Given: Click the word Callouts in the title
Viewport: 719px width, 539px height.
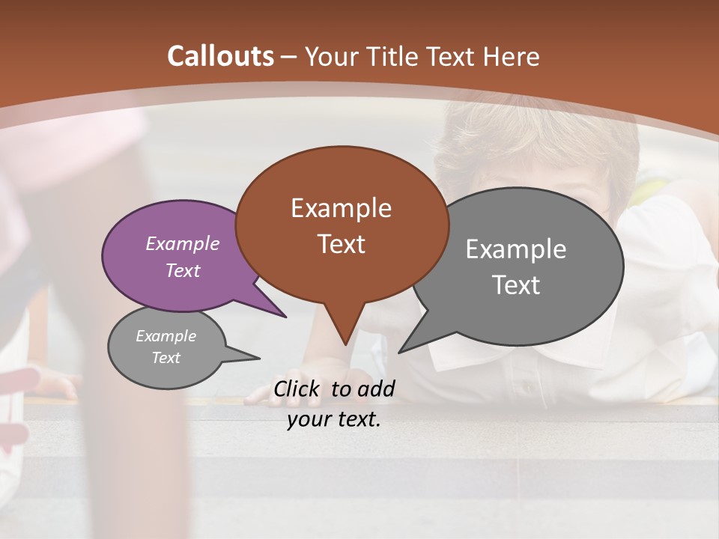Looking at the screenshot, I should tap(220, 56).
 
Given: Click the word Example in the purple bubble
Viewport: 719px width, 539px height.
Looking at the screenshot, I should tap(182, 244).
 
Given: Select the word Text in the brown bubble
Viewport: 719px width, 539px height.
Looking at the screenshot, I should tap(342, 244).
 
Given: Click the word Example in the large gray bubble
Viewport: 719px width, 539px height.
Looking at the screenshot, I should tap(515, 249).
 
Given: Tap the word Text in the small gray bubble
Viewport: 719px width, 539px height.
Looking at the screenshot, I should tap(166, 358).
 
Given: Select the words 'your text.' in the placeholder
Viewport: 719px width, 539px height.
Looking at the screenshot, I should tap(333, 419).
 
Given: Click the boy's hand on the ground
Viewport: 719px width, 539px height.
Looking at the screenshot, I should tap(330, 378).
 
